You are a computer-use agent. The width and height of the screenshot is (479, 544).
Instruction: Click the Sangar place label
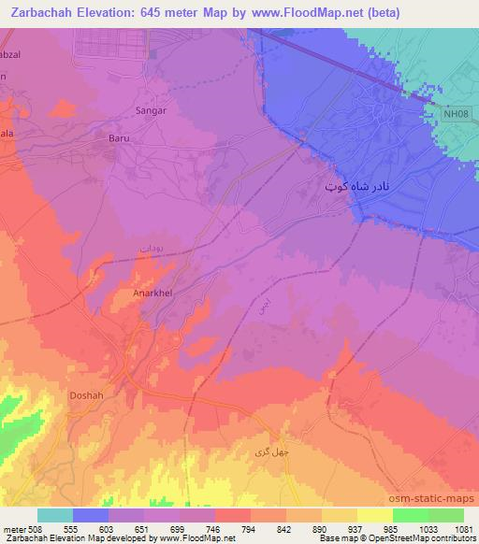pyautogui.click(x=151, y=110)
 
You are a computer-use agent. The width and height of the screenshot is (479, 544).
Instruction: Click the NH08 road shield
pyautogui.click(x=454, y=114)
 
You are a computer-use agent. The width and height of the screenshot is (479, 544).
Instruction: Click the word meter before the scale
pyautogui.click(x=14, y=529)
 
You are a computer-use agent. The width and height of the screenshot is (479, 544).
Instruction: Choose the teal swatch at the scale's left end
pyautogui.click(x=55, y=515)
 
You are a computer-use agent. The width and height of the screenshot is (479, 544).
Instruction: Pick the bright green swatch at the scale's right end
pyautogui.click(x=445, y=515)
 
